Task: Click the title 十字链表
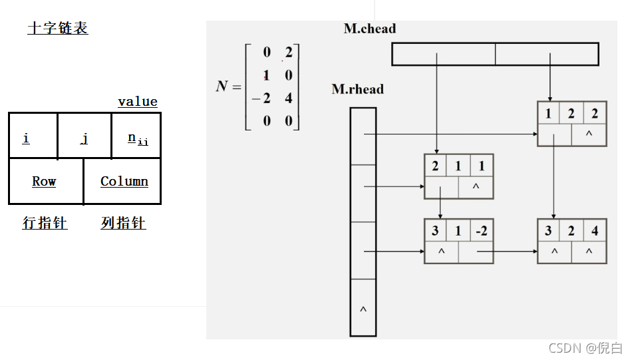point(58,28)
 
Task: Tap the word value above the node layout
point(138,102)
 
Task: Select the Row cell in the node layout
point(44,181)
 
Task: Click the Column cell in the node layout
point(124,181)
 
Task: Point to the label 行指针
point(45,223)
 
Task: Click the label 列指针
point(123,223)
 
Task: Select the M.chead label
point(370,29)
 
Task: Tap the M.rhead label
point(358,89)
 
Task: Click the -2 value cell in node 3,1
point(481,231)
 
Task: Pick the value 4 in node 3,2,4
point(595,231)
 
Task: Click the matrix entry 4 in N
point(289,98)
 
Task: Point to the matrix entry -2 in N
point(262,98)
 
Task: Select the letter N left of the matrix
point(222,87)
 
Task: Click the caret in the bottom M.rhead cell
point(363,310)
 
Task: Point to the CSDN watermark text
point(585,347)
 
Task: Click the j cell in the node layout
point(84,138)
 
